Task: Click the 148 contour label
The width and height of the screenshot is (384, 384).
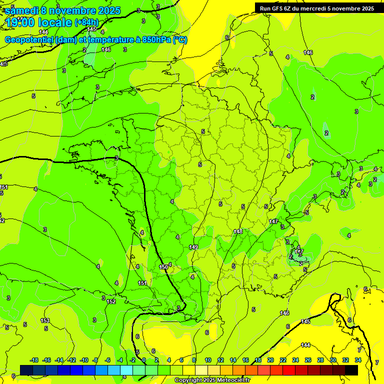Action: [238, 231]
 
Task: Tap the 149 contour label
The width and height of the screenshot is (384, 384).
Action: [193, 247]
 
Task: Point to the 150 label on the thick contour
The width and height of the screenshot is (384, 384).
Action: [163, 267]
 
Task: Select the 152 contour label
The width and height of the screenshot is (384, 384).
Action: [111, 301]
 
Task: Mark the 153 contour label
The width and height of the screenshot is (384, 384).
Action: [45, 320]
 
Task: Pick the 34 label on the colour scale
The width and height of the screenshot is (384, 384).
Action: [358, 360]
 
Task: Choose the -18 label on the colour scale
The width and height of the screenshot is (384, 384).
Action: [34, 360]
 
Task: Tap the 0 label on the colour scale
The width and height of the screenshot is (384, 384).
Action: [144, 360]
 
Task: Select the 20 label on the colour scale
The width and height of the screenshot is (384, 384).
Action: [270, 360]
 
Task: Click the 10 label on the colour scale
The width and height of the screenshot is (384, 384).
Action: [207, 360]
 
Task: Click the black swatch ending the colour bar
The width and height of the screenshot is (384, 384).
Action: [351, 370]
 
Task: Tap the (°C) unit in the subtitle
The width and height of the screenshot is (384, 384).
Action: [180, 40]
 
